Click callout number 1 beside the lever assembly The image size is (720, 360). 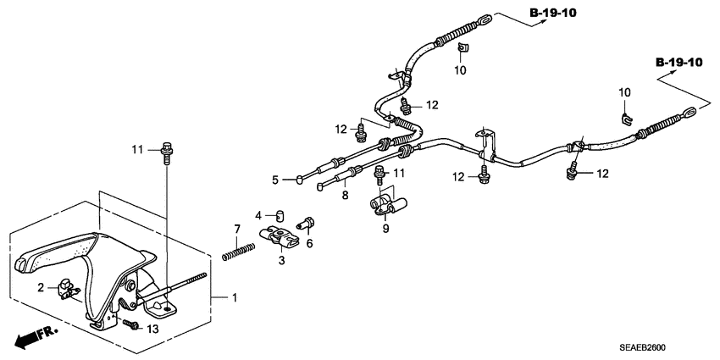[x=235, y=298]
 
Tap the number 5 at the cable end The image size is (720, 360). [x=275, y=179]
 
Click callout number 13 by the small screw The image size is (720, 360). [x=152, y=328]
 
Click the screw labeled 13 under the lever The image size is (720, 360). [x=131, y=324]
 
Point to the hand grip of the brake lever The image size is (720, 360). [x=51, y=251]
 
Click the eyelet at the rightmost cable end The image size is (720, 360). [x=687, y=110]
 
